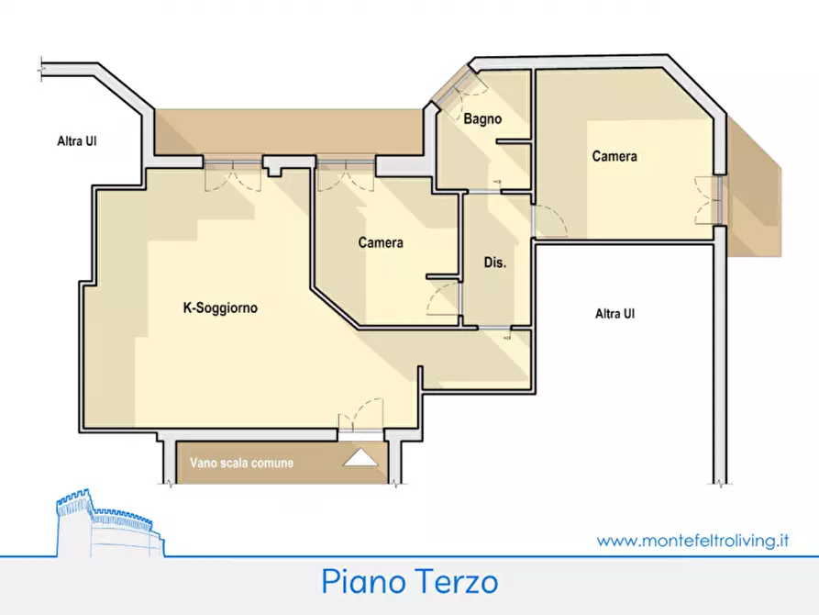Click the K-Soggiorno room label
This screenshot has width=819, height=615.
[x=220, y=309]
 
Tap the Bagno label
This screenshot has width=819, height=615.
[x=482, y=119]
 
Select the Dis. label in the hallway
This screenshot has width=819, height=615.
[x=495, y=263]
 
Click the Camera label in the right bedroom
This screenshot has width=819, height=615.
[x=614, y=157]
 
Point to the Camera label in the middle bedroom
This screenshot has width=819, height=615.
[x=381, y=243]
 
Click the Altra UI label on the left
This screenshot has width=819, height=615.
[x=78, y=141]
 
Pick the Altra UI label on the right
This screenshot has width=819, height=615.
[x=614, y=314]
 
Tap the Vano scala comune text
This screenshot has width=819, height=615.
[x=241, y=464]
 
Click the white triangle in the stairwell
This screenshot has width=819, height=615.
[x=360, y=458]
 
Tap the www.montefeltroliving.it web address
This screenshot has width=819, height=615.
[x=693, y=541]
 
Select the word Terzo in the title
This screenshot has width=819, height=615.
[x=455, y=582]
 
